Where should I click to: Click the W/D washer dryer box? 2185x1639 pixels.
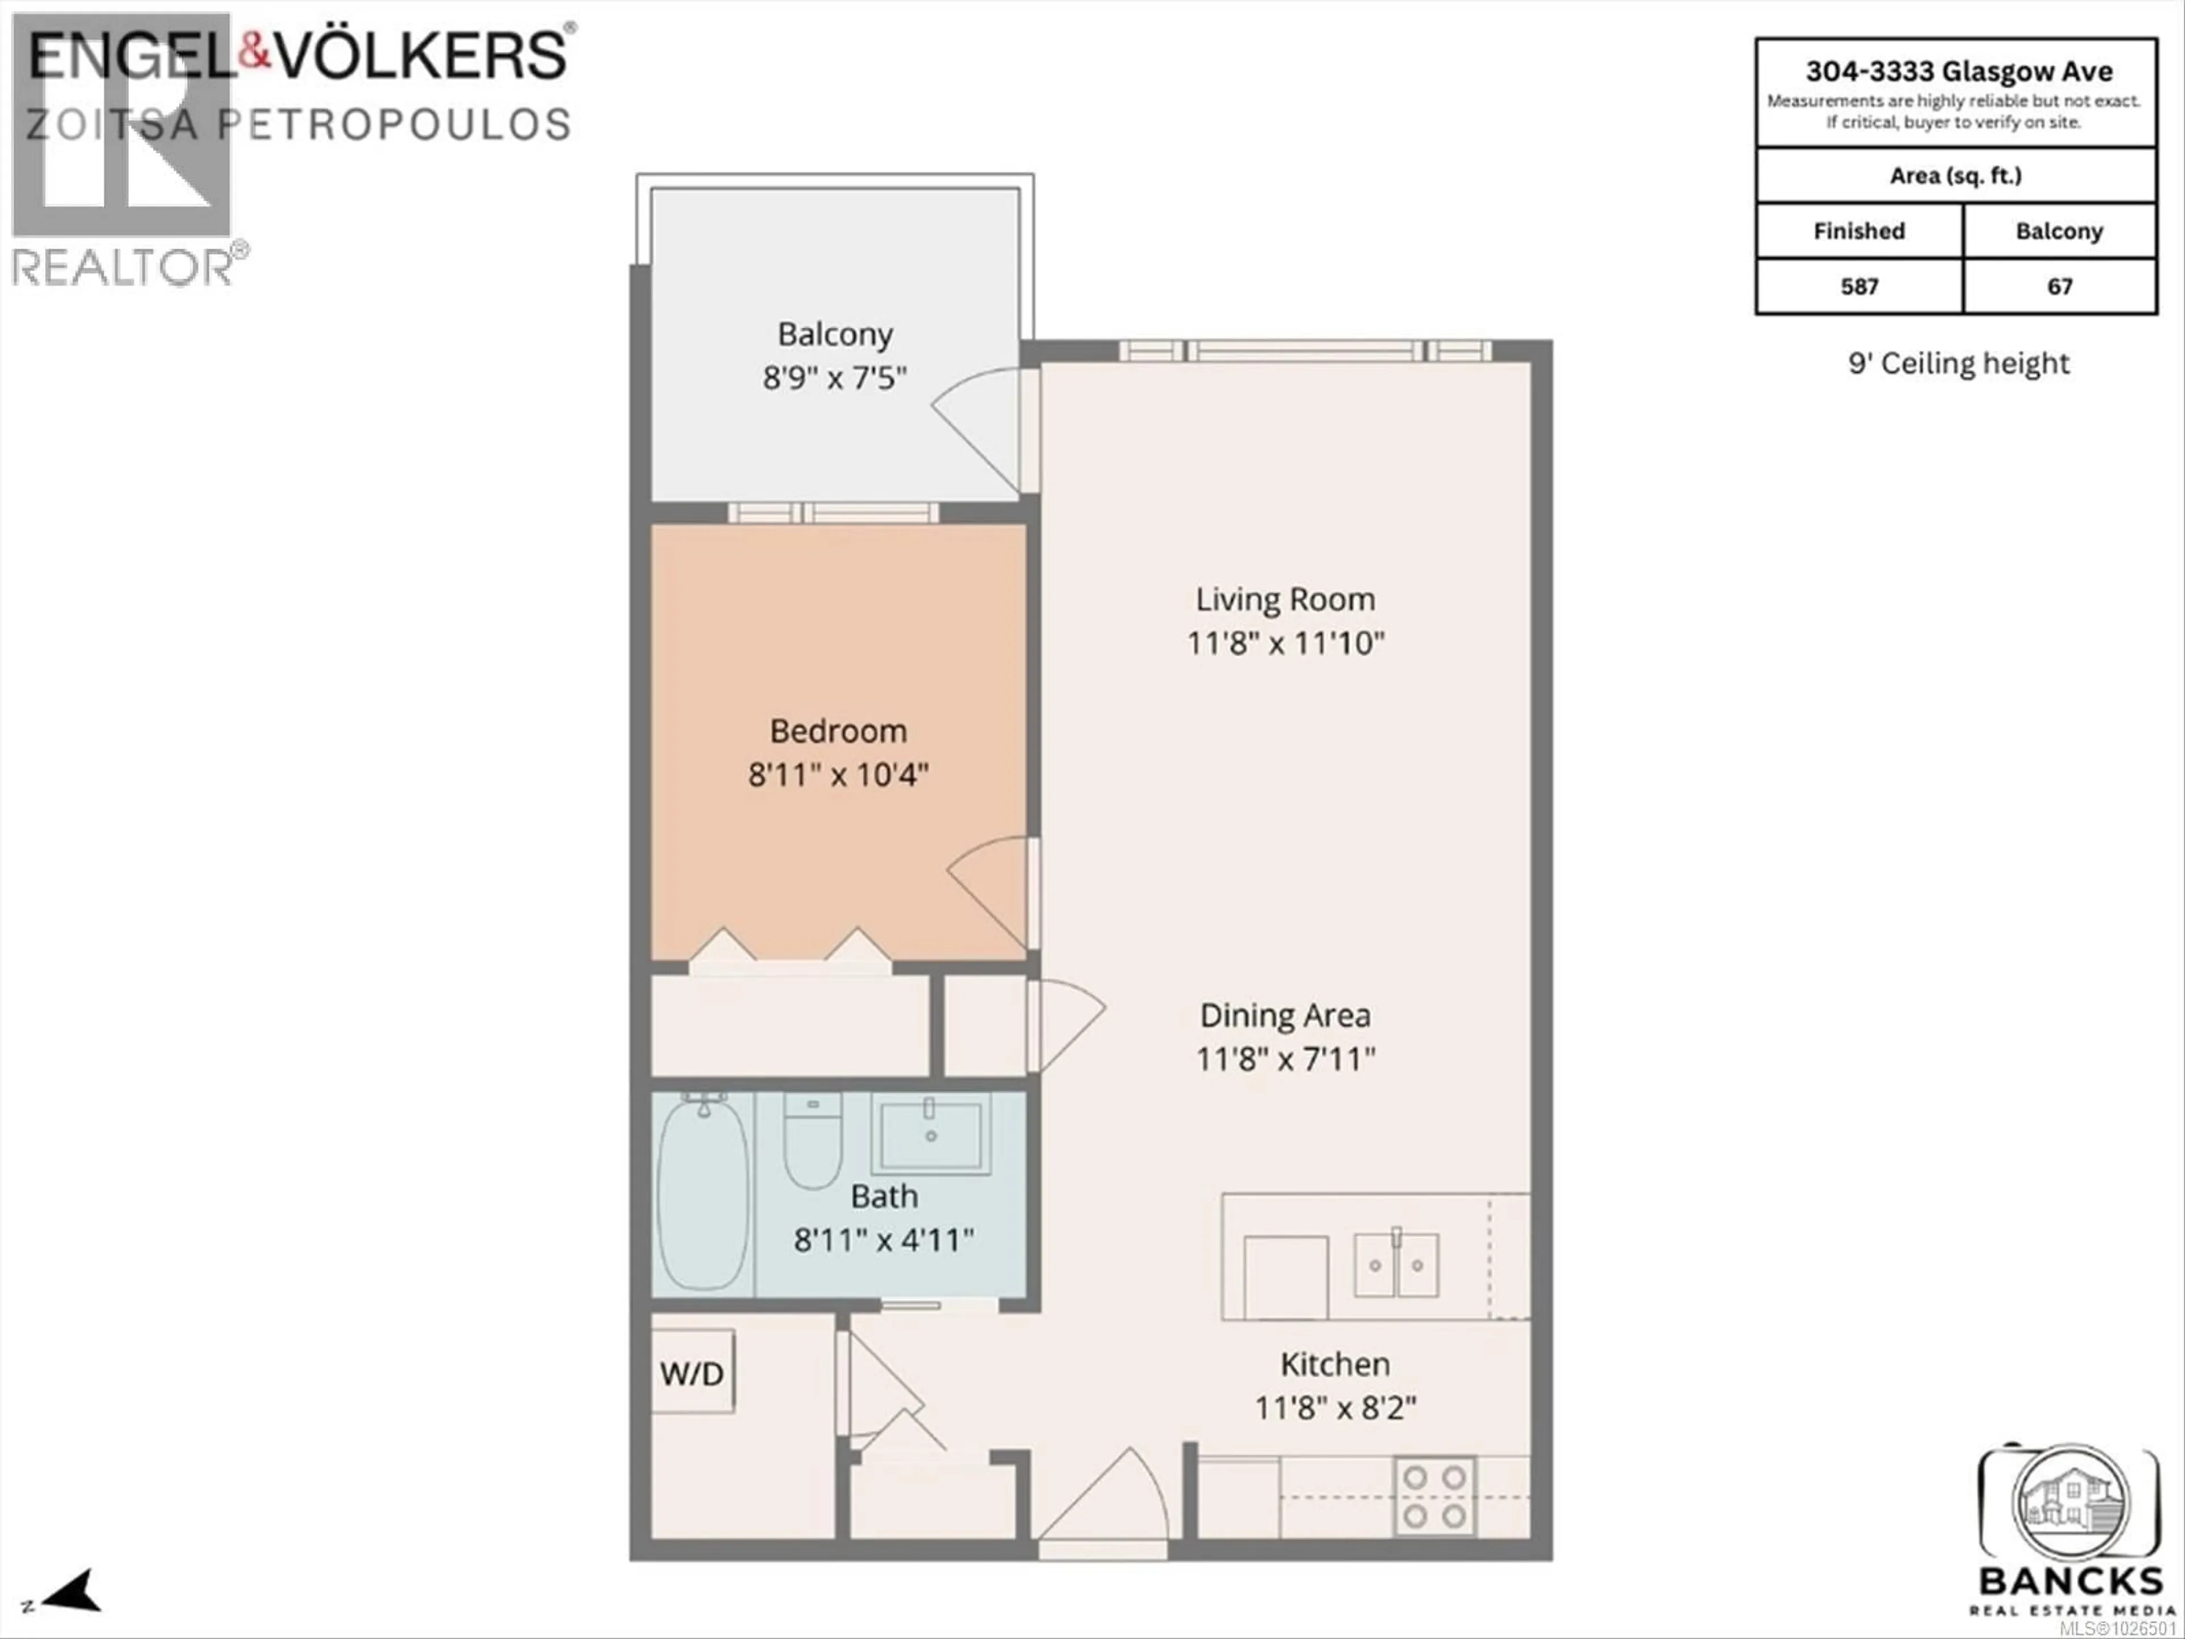692,1372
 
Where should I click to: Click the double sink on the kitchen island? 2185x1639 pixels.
1396,1265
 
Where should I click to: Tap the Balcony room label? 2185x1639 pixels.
835,334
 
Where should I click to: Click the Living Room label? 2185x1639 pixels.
1285,599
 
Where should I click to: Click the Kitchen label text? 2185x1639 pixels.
1334,1364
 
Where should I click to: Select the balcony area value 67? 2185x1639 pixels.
2060,286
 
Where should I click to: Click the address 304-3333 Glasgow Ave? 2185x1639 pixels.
1959,71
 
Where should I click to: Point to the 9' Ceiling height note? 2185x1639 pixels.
1958,364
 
